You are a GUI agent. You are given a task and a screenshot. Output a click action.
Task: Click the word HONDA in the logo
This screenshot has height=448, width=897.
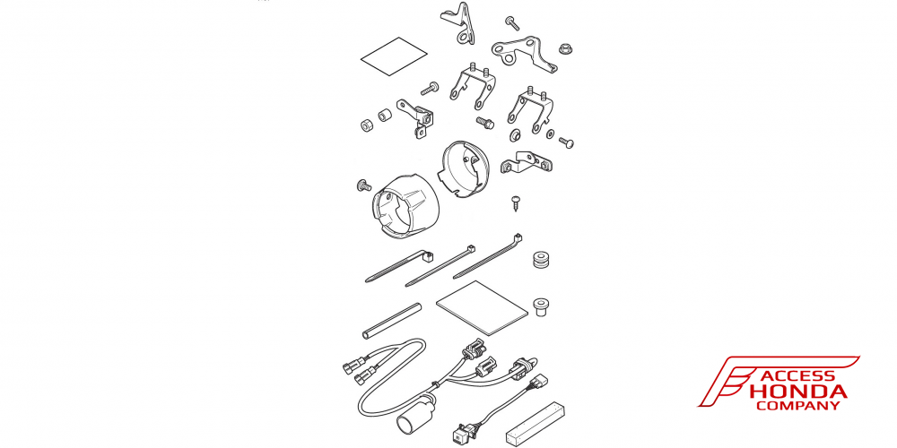797,392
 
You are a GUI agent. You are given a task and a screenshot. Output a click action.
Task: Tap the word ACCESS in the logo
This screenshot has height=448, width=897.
797,376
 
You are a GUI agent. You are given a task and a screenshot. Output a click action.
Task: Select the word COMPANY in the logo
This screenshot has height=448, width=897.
798,406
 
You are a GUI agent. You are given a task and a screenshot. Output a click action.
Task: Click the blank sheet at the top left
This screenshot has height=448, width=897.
394,56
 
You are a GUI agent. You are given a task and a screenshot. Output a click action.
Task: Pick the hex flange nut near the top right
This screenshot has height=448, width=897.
566,48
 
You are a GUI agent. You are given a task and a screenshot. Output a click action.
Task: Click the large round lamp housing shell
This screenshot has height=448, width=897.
405,206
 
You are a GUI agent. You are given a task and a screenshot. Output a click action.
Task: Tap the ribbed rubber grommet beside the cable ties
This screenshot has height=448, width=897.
541,259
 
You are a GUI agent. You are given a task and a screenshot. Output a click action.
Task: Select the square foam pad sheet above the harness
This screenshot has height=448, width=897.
481,307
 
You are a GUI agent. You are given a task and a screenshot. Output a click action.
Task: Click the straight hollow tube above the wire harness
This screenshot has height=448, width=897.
391,321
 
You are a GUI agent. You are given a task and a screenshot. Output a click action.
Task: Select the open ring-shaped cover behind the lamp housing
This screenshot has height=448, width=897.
464,168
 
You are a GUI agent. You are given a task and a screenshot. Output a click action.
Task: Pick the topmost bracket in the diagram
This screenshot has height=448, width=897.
458,23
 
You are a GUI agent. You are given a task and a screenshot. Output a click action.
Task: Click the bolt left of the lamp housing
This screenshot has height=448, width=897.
362,185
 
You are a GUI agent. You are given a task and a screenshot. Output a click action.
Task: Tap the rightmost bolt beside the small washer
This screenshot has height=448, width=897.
566,142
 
